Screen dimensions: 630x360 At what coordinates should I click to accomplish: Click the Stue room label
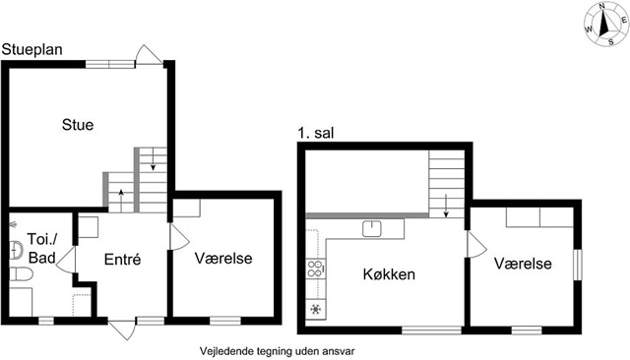coord(78,124)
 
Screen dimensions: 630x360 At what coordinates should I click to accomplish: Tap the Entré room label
coord(122,260)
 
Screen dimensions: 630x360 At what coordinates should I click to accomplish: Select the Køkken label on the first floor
coord(389,274)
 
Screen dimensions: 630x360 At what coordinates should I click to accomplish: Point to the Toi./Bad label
coord(41,249)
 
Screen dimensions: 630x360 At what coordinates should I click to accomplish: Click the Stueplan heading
coord(32,49)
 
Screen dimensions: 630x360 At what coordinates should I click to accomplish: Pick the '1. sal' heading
coord(316,133)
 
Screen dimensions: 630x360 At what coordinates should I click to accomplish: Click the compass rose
coord(606,24)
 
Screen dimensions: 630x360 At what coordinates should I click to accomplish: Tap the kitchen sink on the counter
coord(372,228)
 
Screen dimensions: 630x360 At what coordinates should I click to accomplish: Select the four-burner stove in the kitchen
coord(315,269)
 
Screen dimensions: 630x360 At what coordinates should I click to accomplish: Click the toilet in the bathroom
coord(21,274)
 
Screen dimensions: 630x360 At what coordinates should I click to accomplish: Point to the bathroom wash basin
coord(16,249)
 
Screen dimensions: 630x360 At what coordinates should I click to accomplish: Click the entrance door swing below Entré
coord(122,330)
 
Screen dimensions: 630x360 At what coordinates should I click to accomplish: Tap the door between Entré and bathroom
coord(66,260)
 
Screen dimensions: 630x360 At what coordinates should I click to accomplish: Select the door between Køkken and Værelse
coord(476,244)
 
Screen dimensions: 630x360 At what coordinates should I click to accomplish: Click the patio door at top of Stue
coord(149,54)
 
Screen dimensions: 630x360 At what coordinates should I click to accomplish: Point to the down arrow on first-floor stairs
coord(446,206)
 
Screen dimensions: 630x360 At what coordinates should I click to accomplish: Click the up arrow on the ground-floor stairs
coord(121,199)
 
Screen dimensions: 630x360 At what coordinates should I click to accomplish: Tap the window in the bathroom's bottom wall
coord(46,321)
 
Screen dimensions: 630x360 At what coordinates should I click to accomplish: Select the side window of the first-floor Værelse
coord(577,265)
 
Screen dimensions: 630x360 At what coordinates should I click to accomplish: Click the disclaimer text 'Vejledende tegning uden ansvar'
coord(278,351)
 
